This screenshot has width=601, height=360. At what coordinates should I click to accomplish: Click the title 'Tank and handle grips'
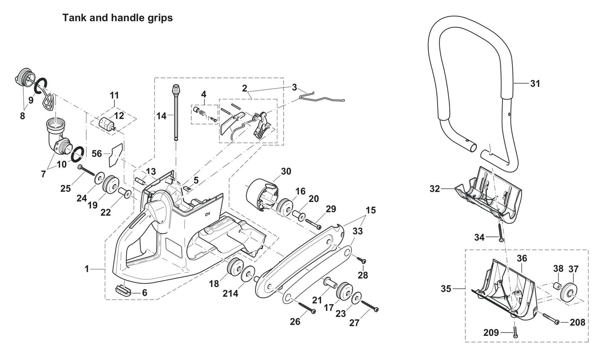(117, 18)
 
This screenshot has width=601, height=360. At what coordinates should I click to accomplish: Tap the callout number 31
(535, 84)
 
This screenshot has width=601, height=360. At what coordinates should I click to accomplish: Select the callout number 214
(230, 293)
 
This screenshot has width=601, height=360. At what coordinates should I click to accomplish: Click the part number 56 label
(96, 154)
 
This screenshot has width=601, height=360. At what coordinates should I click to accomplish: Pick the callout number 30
(286, 171)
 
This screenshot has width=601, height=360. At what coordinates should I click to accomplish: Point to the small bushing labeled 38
(556, 287)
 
